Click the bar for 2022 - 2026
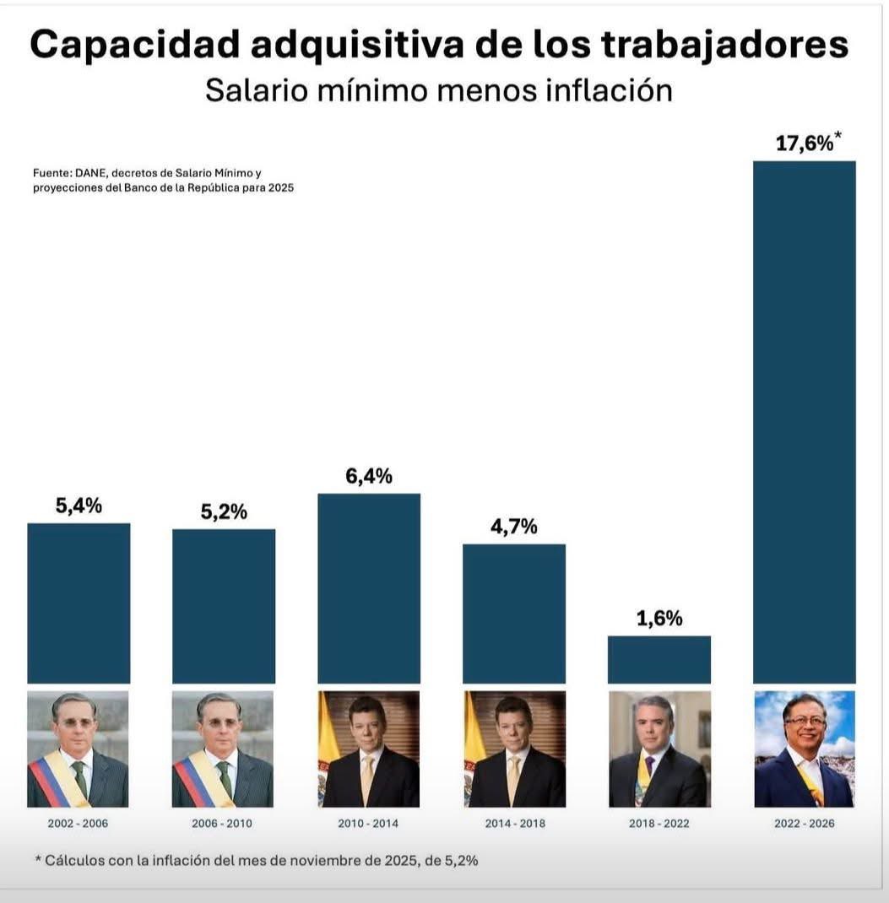[x=804, y=422]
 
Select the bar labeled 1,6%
[x=659, y=659]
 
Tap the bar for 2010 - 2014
[x=368, y=588]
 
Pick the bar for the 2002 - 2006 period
[x=79, y=603]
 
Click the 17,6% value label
[x=803, y=143]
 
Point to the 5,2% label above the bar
[x=223, y=511]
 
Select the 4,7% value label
[x=513, y=527]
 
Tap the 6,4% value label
[x=368, y=476]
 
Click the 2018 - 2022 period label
[x=659, y=823]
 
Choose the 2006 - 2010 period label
[x=223, y=823]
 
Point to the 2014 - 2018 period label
[x=513, y=823]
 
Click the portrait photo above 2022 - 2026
[x=804, y=749]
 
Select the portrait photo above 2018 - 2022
[x=659, y=749]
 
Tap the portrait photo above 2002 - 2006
[x=79, y=749]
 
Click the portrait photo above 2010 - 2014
[x=368, y=749]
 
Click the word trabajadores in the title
[x=724, y=46]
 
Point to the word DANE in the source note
[x=91, y=172]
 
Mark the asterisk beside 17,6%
[x=838, y=135]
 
